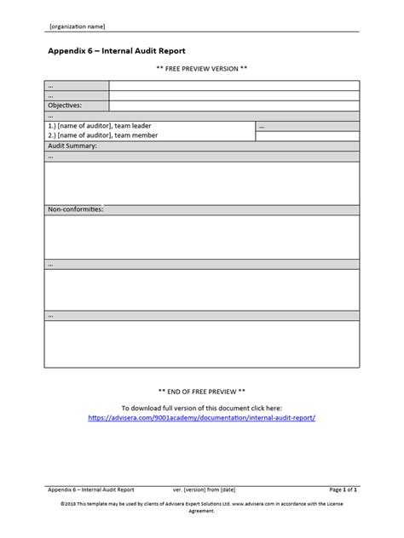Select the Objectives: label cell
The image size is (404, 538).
(x=77, y=106)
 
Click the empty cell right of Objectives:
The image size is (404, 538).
(x=234, y=106)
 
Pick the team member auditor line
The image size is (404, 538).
(x=104, y=135)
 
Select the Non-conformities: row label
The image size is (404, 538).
(x=76, y=209)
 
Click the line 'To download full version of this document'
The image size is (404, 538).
(x=202, y=409)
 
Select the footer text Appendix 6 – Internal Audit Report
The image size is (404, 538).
(x=91, y=490)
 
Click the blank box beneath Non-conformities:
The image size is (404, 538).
(x=202, y=236)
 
